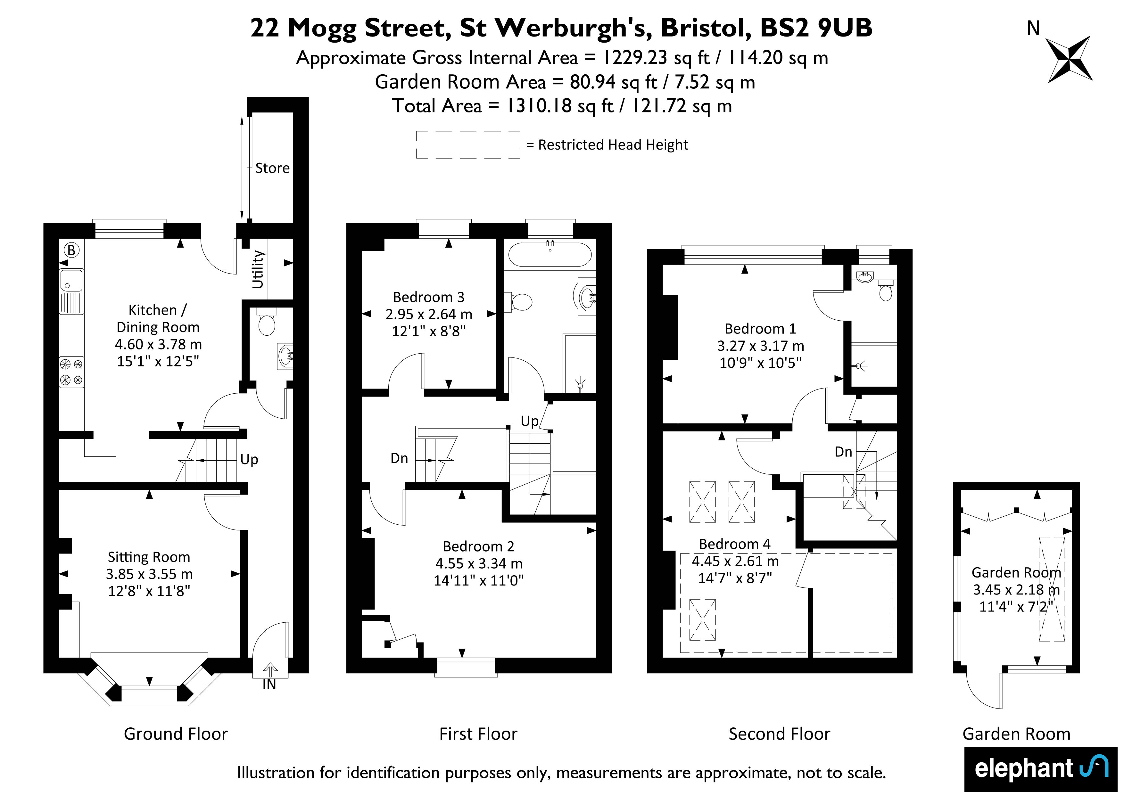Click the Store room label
point(272,168)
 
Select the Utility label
point(258,269)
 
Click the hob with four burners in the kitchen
point(71,372)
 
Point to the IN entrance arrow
point(270,669)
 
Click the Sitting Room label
point(149,557)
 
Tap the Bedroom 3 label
point(428,297)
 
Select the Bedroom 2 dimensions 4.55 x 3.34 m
point(479,563)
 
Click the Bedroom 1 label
point(760,329)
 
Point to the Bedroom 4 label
point(734,544)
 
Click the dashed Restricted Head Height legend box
point(468,145)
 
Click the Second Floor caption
point(779,734)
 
